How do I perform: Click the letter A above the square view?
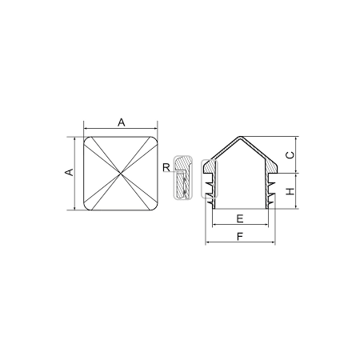tap(122, 122)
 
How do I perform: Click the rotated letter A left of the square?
tap(69, 172)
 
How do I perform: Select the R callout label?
tap(166, 168)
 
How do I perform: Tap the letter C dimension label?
tap(290, 155)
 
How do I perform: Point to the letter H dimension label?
tap(290, 191)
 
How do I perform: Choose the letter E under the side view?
tap(240, 218)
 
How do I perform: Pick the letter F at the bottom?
tap(240, 237)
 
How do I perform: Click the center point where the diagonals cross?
tap(121, 174)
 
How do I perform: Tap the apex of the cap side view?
tap(239, 137)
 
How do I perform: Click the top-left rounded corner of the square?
tap(86, 139)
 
